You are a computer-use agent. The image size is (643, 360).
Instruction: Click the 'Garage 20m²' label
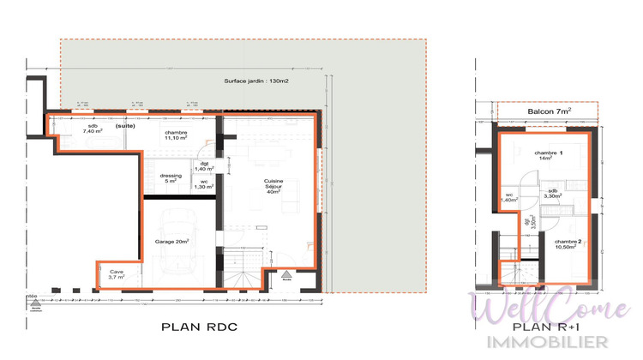(171, 242)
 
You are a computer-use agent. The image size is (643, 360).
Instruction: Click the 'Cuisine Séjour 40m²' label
(273, 186)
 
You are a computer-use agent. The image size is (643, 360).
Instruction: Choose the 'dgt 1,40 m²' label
(204, 166)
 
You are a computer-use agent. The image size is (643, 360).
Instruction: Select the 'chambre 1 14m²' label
(550, 155)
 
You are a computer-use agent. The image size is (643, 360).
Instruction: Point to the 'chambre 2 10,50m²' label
(568, 244)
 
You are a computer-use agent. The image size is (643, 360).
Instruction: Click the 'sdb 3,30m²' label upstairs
(553, 193)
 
